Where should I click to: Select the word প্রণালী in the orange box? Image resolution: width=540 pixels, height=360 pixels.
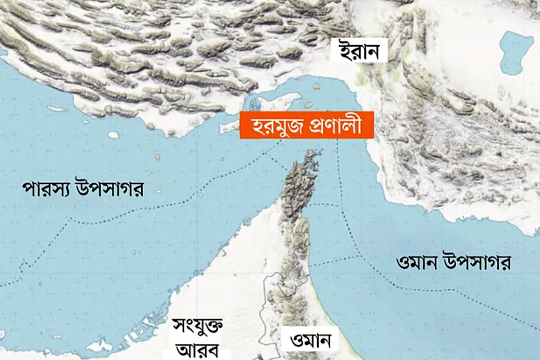(x=332, y=125)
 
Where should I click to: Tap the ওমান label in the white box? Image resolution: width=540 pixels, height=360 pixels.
(x=309, y=341)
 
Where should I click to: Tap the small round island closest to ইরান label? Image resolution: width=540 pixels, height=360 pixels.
(x=317, y=86)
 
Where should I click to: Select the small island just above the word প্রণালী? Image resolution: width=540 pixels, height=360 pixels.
(x=308, y=105)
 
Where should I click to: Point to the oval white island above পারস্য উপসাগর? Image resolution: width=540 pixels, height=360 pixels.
(x=113, y=135)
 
